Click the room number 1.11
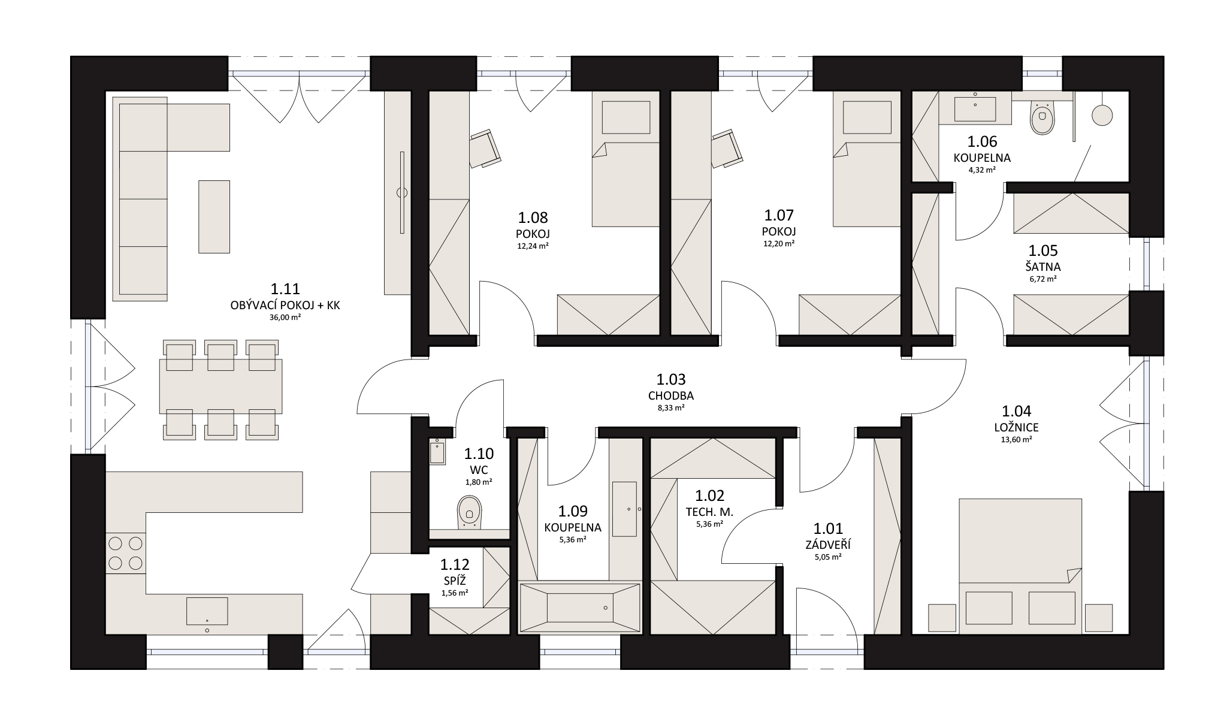[x=285, y=289]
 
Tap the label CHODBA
[x=671, y=396]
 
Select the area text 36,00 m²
[x=285, y=318]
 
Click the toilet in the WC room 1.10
[x=469, y=512]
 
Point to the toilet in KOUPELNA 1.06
[x=1042, y=117]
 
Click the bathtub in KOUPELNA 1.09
[x=579, y=608]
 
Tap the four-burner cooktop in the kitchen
[x=126, y=553]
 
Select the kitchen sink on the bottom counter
[x=207, y=611]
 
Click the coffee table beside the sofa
[x=214, y=217]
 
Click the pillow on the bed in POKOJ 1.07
[x=867, y=117]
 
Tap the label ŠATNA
[x=1042, y=267]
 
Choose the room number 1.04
[x=1017, y=411]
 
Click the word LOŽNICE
[x=1017, y=428]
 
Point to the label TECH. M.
[x=709, y=512]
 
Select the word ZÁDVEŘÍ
[x=828, y=545]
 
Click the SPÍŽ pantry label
[x=454, y=581]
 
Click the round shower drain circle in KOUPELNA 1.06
[x=1102, y=115]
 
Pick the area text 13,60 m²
[x=1017, y=440]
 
